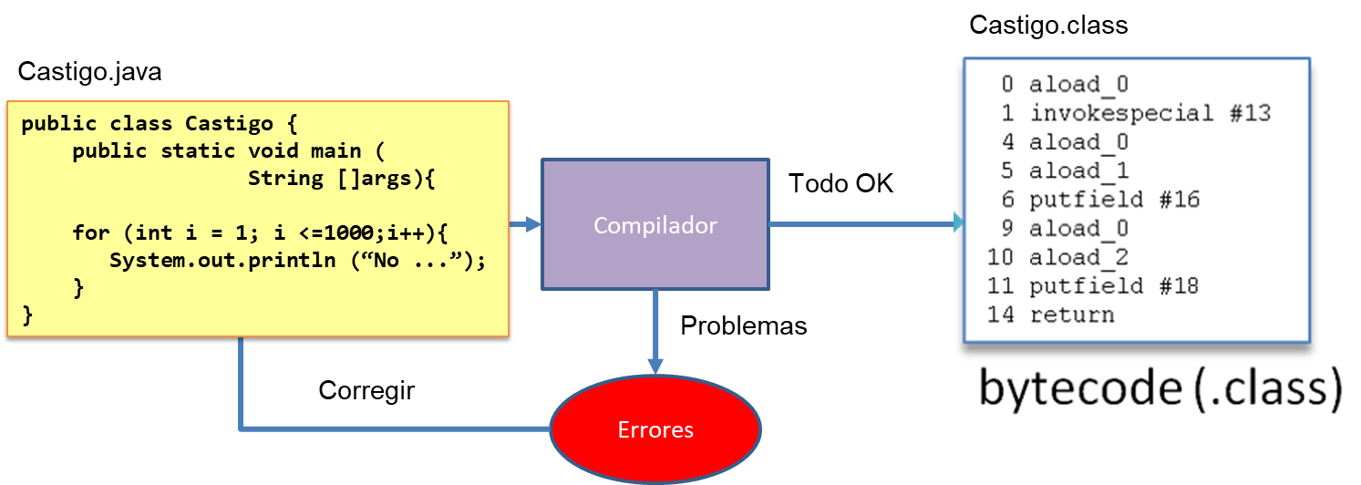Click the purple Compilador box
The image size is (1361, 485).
(655, 224)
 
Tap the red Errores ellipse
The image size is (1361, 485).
(655, 429)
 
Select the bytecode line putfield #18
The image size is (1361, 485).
(1113, 286)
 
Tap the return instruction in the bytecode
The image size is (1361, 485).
(1071, 315)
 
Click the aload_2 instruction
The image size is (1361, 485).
(1078, 258)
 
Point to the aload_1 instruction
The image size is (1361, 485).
(1078, 171)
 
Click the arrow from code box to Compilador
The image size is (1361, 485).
(526, 224)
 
